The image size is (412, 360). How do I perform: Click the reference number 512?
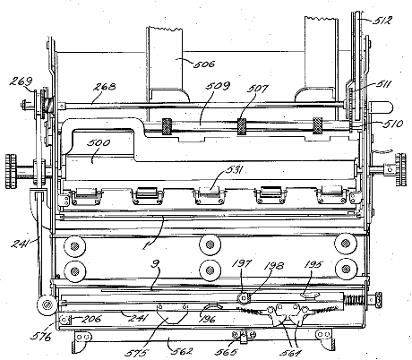click(x=382, y=21)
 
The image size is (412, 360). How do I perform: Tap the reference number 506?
click(x=204, y=64)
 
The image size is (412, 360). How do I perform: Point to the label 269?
click(x=21, y=81)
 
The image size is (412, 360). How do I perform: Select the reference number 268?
click(x=105, y=87)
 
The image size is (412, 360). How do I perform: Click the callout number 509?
click(x=218, y=86)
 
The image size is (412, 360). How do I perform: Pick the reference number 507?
click(x=257, y=89)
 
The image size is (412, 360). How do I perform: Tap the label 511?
click(x=383, y=84)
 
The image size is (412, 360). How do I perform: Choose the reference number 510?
click(x=392, y=124)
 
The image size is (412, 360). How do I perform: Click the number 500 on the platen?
click(x=99, y=142)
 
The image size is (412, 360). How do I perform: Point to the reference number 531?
click(x=234, y=170)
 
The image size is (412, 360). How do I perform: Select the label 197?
click(x=243, y=264)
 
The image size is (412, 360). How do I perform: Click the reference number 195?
click(x=313, y=264)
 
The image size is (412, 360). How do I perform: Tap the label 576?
click(x=41, y=337)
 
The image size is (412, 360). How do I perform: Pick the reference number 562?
click(x=182, y=351)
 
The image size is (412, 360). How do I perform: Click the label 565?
click(x=226, y=352)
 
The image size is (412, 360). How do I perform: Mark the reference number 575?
click(x=137, y=353)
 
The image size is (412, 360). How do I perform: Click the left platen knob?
click(x=12, y=171)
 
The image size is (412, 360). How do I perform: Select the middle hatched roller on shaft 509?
click(x=242, y=126)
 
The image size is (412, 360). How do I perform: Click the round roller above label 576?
click(x=47, y=305)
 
